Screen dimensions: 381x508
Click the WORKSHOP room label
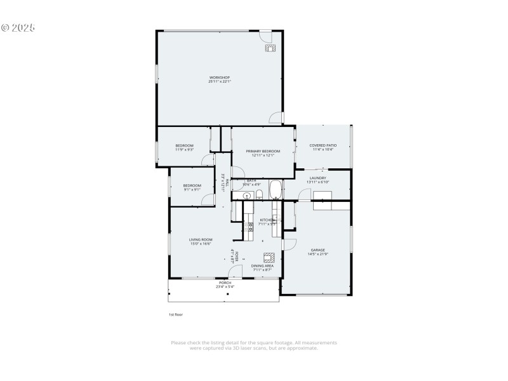tap(219, 77)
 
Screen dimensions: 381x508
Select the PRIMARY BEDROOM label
tap(262, 151)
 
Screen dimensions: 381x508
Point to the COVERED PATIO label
tap(323, 145)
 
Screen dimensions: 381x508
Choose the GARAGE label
tap(317, 250)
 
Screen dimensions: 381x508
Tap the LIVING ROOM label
tap(200, 239)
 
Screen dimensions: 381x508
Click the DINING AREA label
tap(262, 266)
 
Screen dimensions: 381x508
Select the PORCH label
tap(225, 283)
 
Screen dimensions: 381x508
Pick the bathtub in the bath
tap(276, 190)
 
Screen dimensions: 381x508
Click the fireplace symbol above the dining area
tap(269, 257)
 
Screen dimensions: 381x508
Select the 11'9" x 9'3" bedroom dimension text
tap(184, 149)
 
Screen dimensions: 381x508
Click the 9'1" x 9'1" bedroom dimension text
tap(192, 189)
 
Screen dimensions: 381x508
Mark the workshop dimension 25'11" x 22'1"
tap(219, 82)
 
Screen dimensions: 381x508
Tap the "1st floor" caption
tap(175, 314)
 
